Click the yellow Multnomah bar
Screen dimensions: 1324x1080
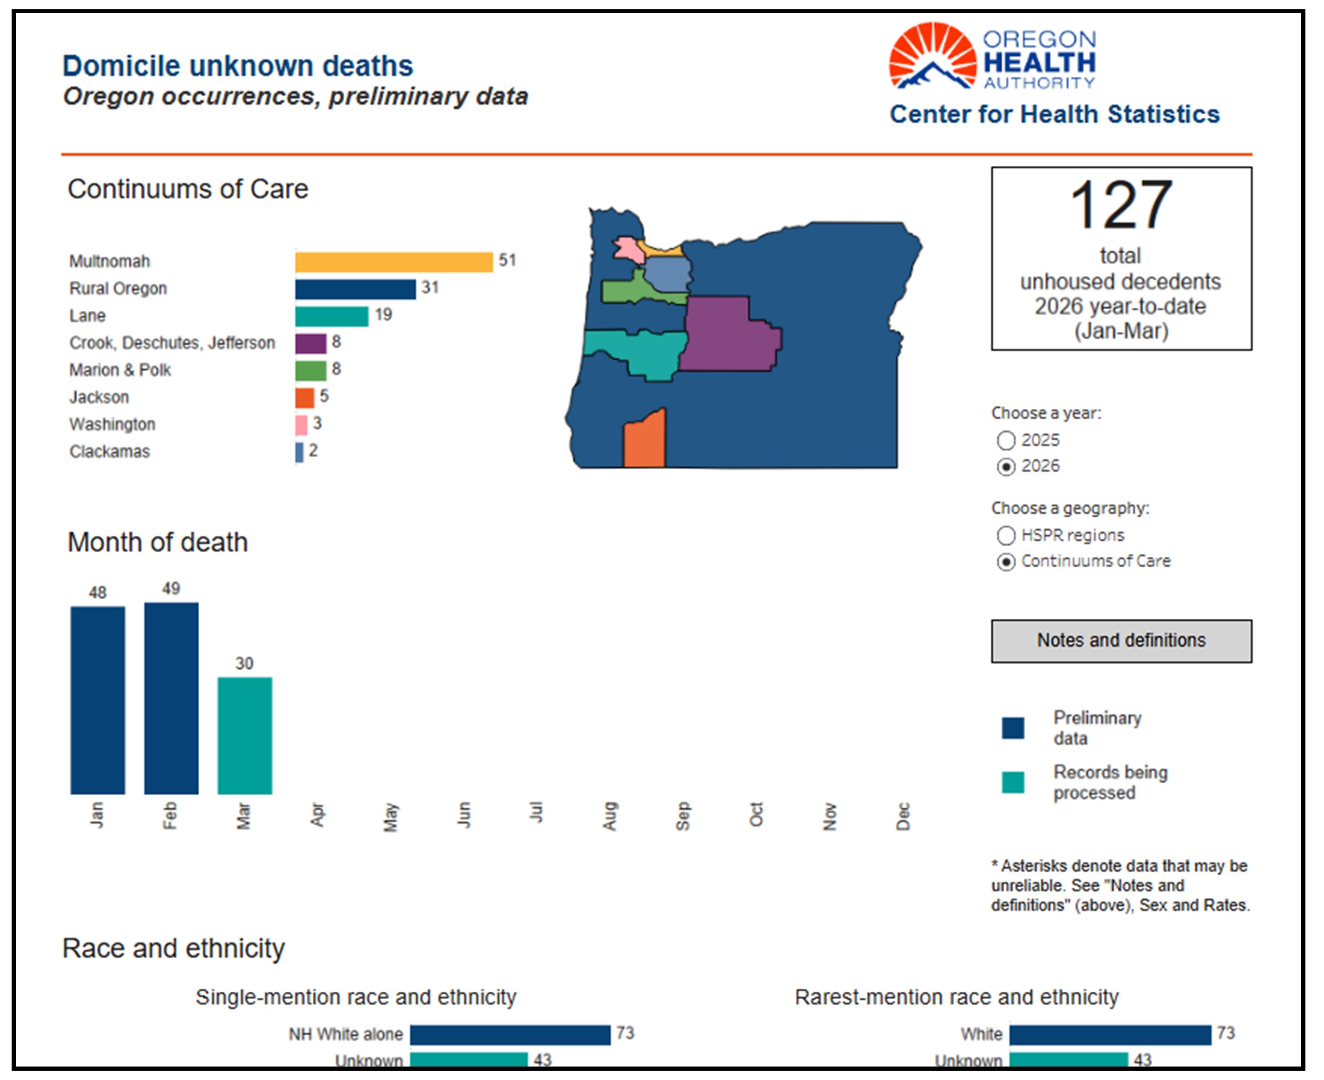coord(394,262)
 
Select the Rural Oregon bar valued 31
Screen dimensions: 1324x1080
coord(355,289)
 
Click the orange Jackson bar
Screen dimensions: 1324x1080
coord(304,398)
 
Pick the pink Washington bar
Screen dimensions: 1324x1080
coord(301,425)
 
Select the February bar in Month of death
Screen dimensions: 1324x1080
coord(171,698)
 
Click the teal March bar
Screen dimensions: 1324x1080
coord(244,735)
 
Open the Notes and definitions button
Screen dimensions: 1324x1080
coord(1121,641)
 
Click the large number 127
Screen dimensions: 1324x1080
coord(1121,205)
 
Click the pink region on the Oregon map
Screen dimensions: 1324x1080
coord(629,250)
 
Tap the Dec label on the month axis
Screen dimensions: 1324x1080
coord(903,816)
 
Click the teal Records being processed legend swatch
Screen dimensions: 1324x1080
coord(1013,782)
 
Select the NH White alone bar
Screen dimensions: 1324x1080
coord(510,1034)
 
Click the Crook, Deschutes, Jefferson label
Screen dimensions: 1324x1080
coord(172,343)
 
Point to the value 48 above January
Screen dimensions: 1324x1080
coord(98,593)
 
